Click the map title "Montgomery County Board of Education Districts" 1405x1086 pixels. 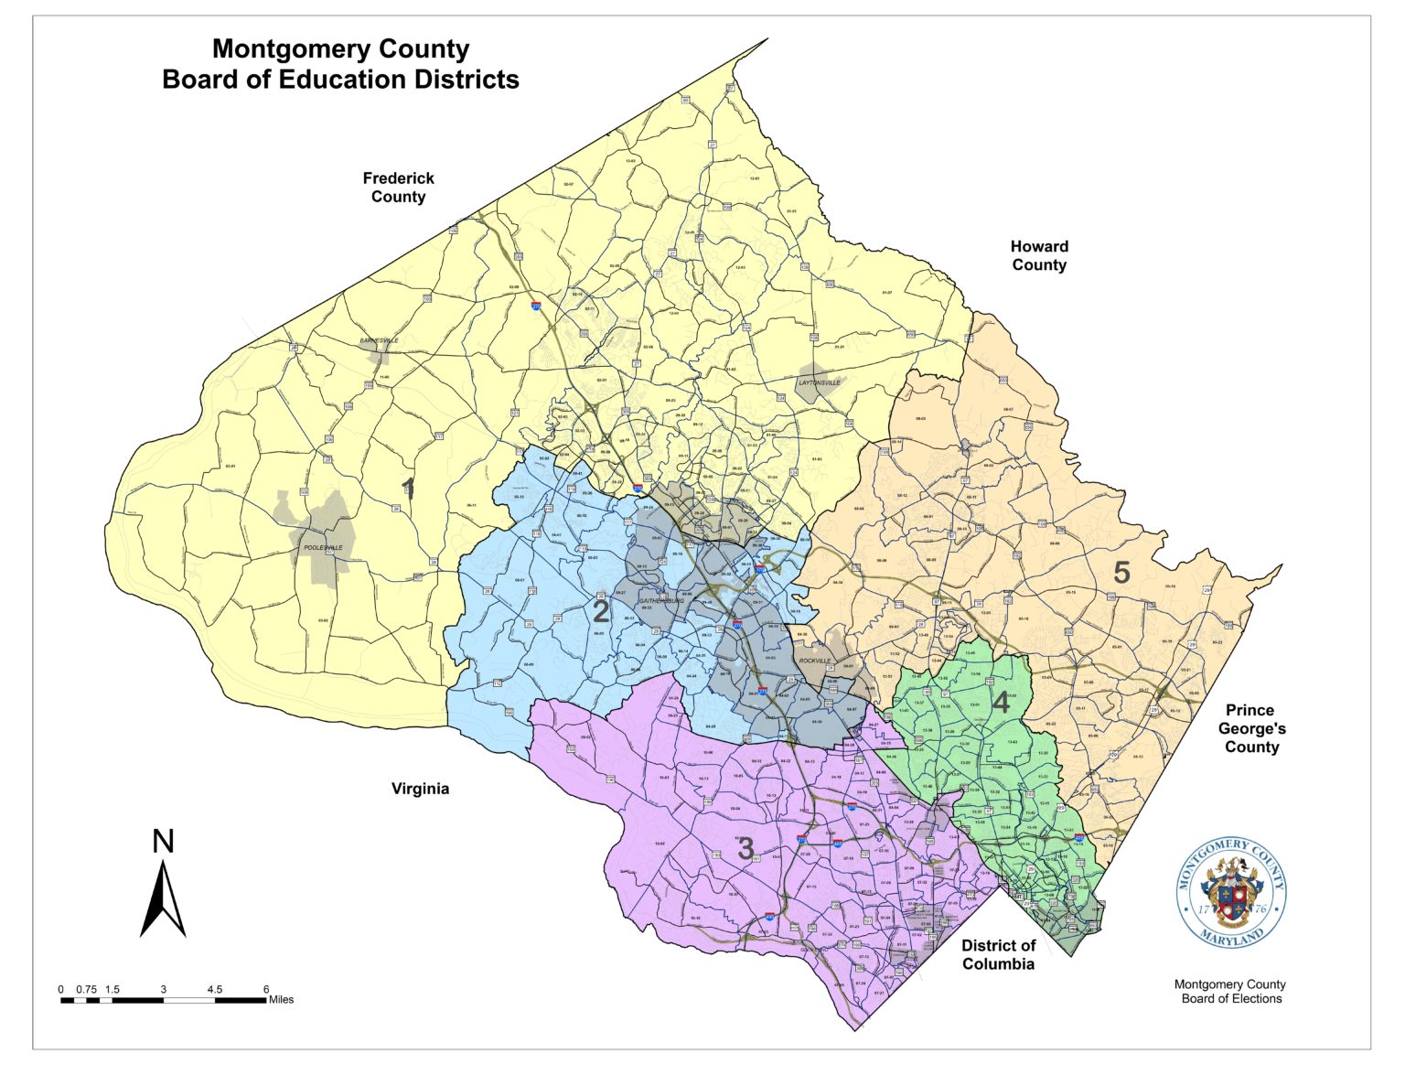[x=340, y=64]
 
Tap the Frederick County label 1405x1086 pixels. [x=398, y=188]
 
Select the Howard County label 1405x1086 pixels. [x=1038, y=255]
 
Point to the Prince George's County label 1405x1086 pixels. [x=1250, y=728]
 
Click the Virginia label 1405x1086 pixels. [x=420, y=789]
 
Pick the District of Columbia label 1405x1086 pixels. [x=998, y=954]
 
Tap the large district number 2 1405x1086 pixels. [x=600, y=611]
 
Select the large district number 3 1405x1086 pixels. [x=745, y=849]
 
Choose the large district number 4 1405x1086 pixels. [x=1001, y=704]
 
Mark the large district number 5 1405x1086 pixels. [x=1121, y=573]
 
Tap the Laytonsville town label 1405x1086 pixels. [x=819, y=382]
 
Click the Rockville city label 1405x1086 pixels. [x=815, y=660]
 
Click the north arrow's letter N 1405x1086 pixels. [x=163, y=841]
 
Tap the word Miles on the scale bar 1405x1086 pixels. [x=281, y=1000]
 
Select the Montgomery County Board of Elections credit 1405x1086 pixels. [x=1230, y=991]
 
